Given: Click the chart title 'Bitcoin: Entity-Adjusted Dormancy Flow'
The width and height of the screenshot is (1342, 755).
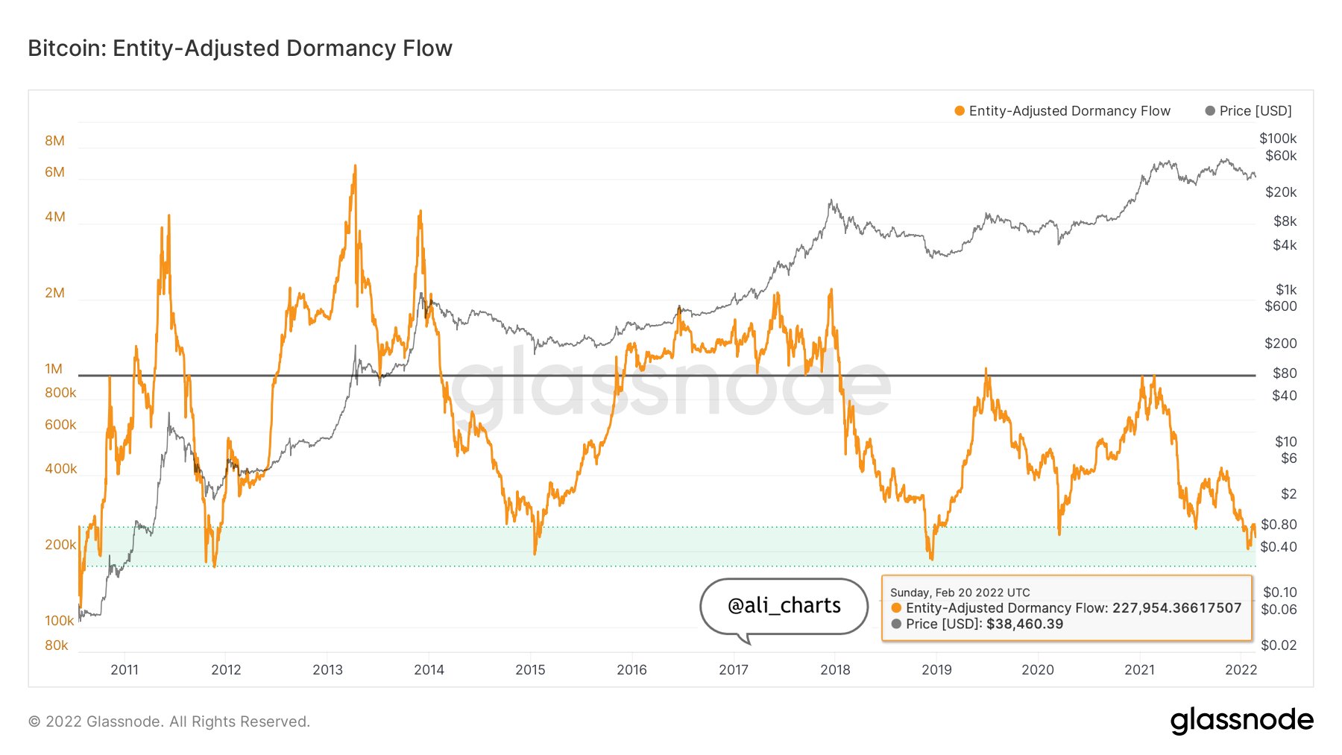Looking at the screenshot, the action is pyautogui.click(x=240, y=48).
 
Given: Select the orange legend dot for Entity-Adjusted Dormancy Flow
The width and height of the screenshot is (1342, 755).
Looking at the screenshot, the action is pyautogui.click(x=960, y=111).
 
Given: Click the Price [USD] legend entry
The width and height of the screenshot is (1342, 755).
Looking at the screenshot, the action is pyautogui.click(x=1249, y=111).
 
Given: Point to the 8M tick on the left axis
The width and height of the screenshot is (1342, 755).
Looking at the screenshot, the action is pyautogui.click(x=54, y=141).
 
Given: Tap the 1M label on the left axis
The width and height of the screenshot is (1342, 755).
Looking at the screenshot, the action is pyautogui.click(x=54, y=369).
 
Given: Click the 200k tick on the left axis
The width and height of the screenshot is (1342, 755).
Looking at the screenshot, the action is pyautogui.click(x=60, y=545).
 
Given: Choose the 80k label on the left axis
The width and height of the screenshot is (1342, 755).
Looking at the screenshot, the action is pyautogui.click(x=57, y=645).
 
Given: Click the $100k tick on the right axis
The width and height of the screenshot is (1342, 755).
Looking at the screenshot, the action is pyautogui.click(x=1278, y=139).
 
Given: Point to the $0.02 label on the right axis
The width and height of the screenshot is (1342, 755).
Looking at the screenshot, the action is pyautogui.click(x=1279, y=645).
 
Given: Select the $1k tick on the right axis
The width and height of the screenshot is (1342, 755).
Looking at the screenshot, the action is pyautogui.click(x=1286, y=290).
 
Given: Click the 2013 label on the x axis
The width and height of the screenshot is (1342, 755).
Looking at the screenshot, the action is pyautogui.click(x=327, y=670).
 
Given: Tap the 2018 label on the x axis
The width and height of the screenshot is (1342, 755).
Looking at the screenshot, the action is pyautogui.click(x=835, y=670).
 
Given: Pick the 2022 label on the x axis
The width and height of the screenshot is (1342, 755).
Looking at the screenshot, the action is pyautogui.click(x=1241, y=670).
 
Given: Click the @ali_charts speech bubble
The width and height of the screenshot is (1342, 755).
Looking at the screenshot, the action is pyautogui.click(x=784, y=606).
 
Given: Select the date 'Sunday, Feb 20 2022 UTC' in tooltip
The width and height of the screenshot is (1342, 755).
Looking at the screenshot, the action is pyautogui.click(x=960, y=593).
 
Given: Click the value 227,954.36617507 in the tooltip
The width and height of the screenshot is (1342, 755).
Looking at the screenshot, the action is pyautogui.click(x=1177, y=608).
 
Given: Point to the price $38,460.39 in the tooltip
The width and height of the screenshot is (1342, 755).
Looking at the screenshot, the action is pyautogui.click(x=1025, y=625).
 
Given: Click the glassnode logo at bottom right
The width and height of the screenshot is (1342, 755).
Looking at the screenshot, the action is pyautogui.click(x=1242, y=721).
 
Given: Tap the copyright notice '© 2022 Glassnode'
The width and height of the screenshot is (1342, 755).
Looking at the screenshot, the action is pyautogui.click(x=95, y=721).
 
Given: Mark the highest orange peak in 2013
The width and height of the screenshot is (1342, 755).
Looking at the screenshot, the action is pyautogui.click(x=355, y=166).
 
